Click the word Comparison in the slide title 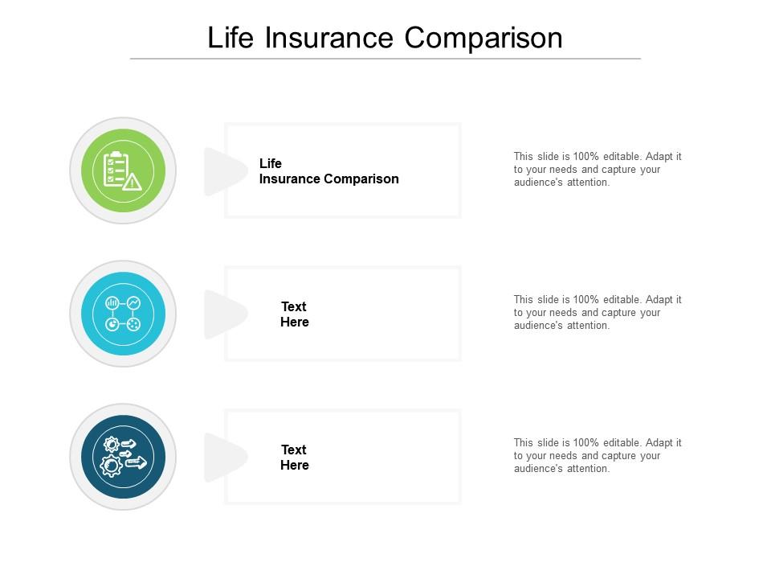tap(483, 38)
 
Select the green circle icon tap(123, 170)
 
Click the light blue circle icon tap(123, 314)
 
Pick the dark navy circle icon tap(123, 457)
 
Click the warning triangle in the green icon tap(132, 183)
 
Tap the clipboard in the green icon tap(115, 169)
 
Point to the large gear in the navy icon tap(111, 466)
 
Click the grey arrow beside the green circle tap(225, 171)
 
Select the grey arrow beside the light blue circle tap(225, 314)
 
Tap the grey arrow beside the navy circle tap(225, 458)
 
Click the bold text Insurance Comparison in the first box tap(329, 179)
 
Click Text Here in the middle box tap(295, 314)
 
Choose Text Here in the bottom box tap(295, 458)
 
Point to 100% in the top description tap(585, 157)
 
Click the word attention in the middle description tap(588, 326)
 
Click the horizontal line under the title tap(385, 59)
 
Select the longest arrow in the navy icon tap(137, 462)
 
